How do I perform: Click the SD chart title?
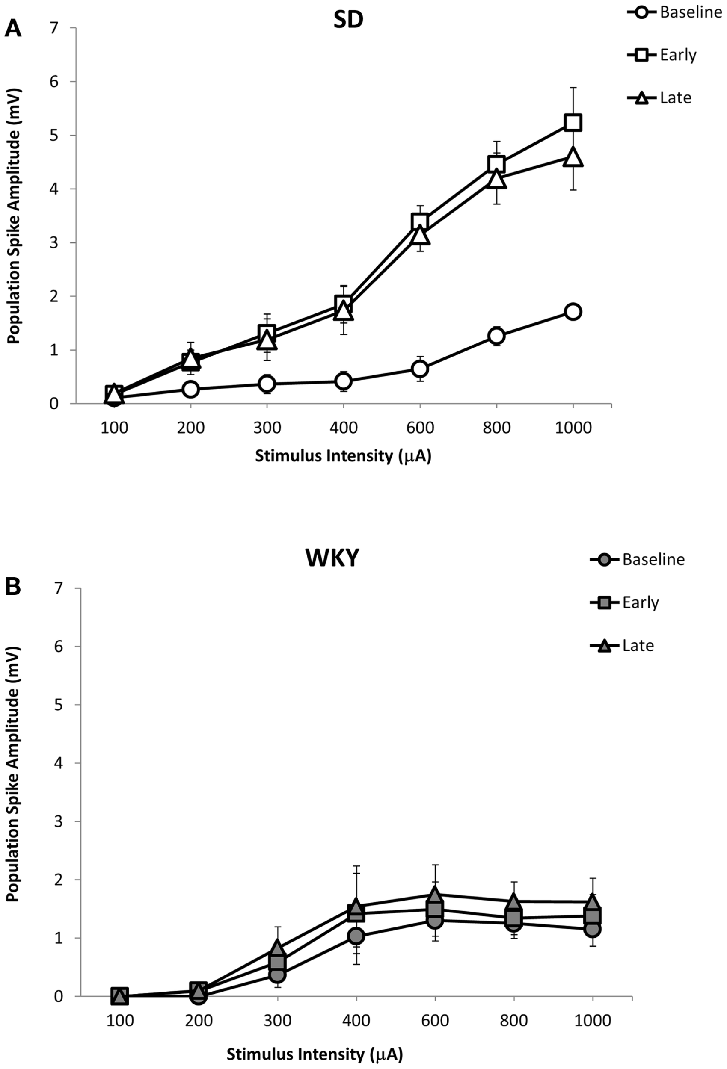348,19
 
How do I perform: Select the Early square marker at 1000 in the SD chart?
573,123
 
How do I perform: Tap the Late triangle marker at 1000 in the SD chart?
573,157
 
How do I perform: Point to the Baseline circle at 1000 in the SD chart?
573,311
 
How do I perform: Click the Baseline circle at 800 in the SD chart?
496,336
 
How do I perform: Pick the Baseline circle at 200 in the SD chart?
190,389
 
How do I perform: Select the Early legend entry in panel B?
625,602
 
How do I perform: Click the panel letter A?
12,29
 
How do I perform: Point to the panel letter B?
12,587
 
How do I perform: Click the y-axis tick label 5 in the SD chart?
54,135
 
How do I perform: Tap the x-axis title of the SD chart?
343,455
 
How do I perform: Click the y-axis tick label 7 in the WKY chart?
59,588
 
